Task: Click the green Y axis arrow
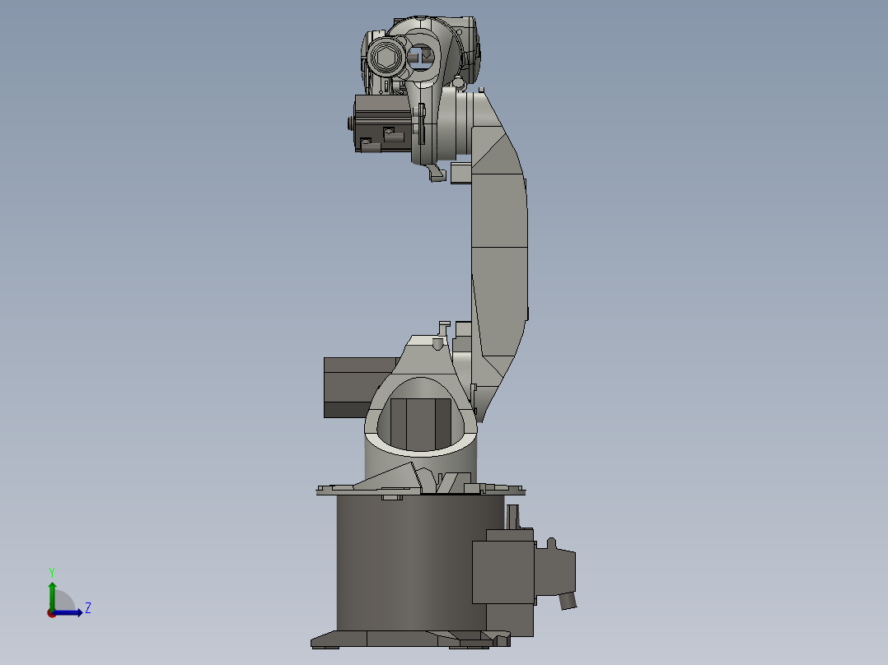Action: pyautogui.click(x=52, y=593)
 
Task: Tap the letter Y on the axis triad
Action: pyautogui.click(x=52, y=571)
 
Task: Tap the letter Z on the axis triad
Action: pyautogui.click(x=87, y=608)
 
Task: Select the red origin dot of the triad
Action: pyautogui.click(x=52, y=612)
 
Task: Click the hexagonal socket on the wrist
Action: pyautogui.click(x=384, y=58)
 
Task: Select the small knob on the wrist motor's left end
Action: pyautogui.click(x=349, y=123)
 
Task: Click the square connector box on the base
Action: pyautogui.click(x=502, y=572)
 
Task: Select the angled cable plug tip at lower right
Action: pyautogui.click(x=568, y=602)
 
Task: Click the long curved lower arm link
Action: pyautogui.click(x=499, y=247)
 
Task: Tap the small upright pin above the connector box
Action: pyautogui.click(x=514, y=517)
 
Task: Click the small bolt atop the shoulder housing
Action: pyautogui.click(x=436, y=344)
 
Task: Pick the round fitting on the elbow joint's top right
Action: pyautogui.click(x=457, y=81)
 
